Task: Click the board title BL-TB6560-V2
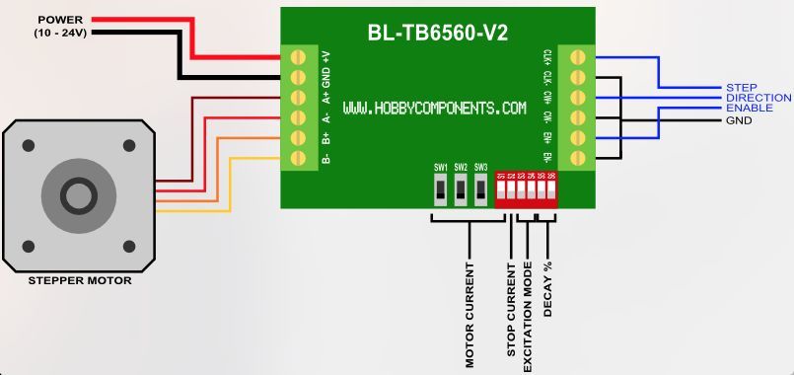[x=437, y=34]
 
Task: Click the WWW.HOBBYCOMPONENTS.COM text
[x=434, y=108]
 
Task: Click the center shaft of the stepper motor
[x=78, y=193]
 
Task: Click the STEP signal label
[x=741, y=88]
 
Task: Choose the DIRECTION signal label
[x=758, y=99]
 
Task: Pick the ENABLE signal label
[x=749, y=109]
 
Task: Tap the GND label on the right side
[x=739, y=120]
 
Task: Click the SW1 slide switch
[x=440, y=187]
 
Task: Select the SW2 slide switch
[x=461, y=187]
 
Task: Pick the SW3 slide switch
[x=480, y=187]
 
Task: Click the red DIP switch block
[x=526, y=188]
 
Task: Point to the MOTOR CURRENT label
[x=469, y=314]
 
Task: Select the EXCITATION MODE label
[x=529, y=316]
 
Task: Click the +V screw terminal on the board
[x=299, y=55]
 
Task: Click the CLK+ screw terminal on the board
[x=578, y=55]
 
